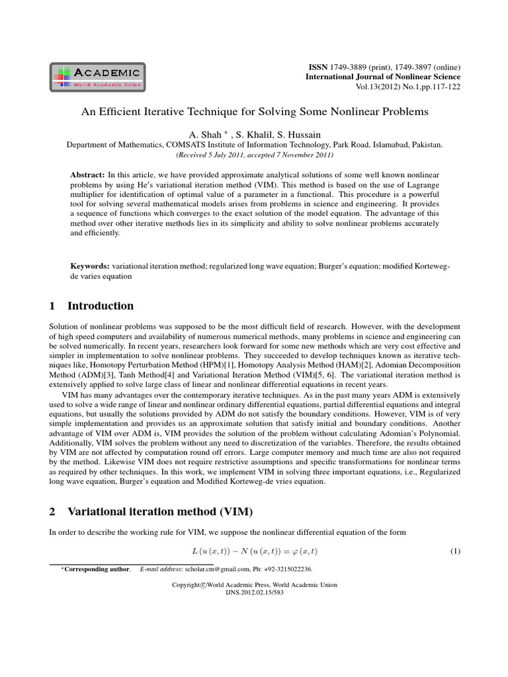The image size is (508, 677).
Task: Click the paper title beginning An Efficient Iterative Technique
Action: (255, 112)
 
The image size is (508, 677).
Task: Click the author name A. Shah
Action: (208, 134)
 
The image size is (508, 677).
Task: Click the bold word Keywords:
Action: (91, 266)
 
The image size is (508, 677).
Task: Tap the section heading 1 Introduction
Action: (92, 305)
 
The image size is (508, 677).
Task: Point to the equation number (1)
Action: (454, 551)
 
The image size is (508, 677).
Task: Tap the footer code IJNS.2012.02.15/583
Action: (254, 593)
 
